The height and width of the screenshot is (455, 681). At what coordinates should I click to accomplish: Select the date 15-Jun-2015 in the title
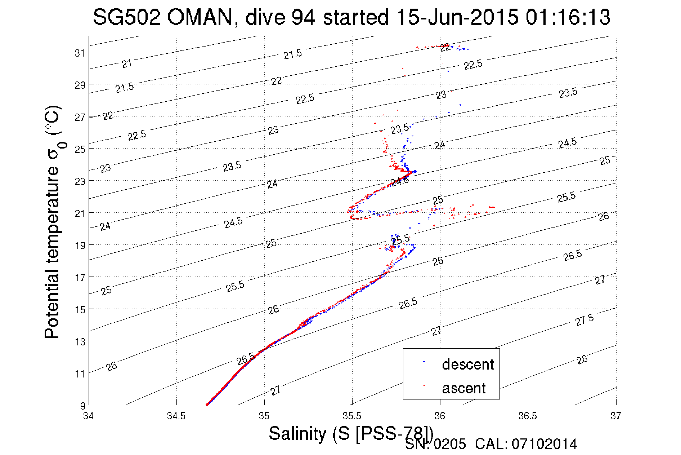457,17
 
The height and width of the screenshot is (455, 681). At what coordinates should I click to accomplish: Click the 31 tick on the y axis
80,53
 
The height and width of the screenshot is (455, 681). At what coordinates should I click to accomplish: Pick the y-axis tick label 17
80,278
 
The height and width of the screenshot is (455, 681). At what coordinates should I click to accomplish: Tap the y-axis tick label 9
83,406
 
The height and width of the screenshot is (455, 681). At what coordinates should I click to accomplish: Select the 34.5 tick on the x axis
176,416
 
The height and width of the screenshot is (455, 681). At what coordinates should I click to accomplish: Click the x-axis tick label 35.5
352,416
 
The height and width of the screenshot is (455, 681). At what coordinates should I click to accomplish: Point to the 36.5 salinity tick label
528,416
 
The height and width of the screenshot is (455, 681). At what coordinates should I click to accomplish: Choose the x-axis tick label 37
615,416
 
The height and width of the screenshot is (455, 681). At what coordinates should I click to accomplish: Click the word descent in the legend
468,365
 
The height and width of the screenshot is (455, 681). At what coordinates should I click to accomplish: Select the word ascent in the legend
464,388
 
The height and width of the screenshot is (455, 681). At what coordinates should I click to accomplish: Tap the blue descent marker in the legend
424,362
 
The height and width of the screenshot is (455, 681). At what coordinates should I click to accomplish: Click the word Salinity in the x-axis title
297,433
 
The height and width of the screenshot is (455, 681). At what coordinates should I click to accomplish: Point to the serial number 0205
449,444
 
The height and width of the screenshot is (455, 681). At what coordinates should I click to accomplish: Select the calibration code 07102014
544,444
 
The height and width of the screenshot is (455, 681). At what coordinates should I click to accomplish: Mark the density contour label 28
582,359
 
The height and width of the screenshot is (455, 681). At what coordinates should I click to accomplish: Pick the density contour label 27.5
584,320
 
